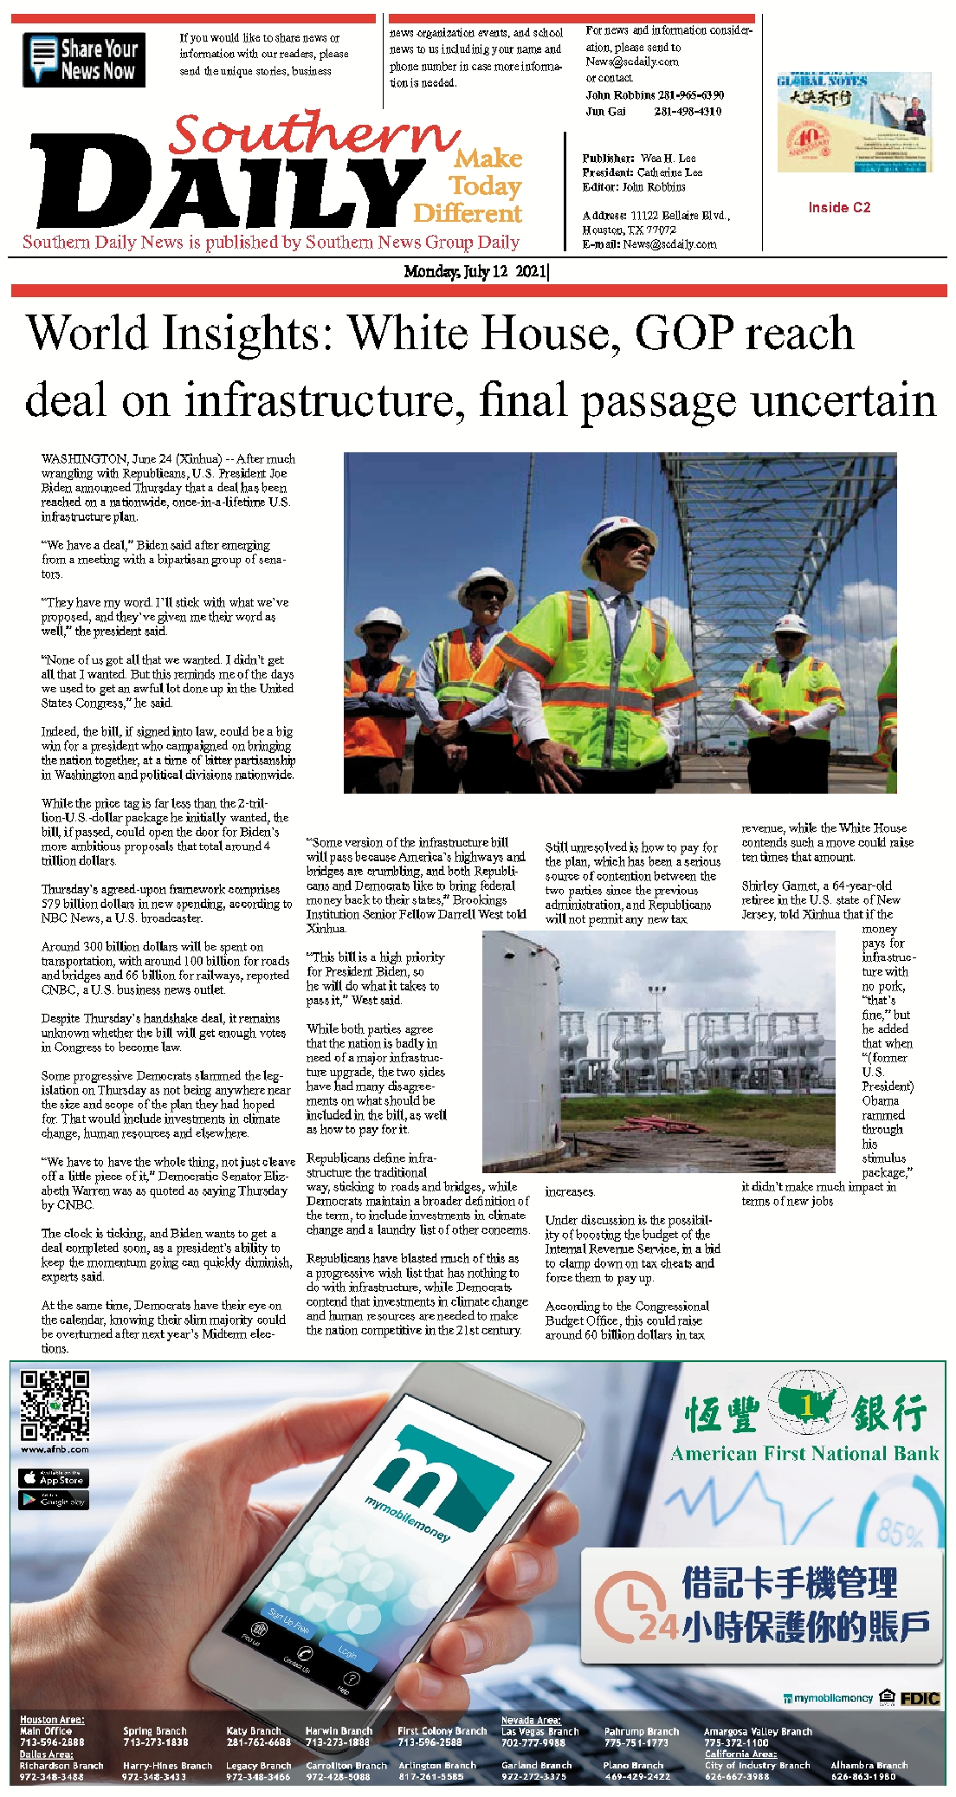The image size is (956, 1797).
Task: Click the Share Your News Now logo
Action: point(84,60)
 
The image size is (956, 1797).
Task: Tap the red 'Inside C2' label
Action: point(838,208)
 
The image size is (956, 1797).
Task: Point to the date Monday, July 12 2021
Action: point(475,271)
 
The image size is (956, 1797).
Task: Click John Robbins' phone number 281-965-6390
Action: point(690,95)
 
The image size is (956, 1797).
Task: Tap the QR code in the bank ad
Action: point(55,1405)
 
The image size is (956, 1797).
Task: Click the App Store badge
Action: point(54,1478)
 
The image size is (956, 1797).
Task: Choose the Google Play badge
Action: point(54,1500)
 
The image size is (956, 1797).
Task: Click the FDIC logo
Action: point(920,1698)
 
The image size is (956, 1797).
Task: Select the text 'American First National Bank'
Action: point(804,1453)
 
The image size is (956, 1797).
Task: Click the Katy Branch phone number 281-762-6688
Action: point(258,1742)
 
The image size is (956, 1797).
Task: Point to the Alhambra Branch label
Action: point(869,1765)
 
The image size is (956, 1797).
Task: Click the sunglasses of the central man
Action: point(631,542)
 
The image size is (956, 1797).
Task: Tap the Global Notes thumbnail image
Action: point(854,122)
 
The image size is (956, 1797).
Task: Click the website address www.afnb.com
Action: point(55,1449)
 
